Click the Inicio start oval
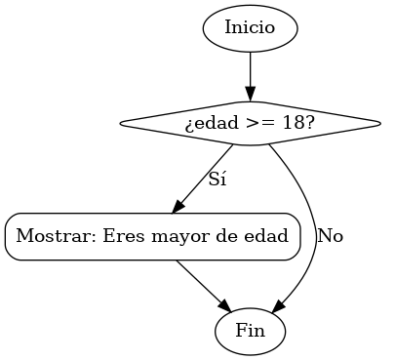point(250,27)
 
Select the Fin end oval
point(250,331)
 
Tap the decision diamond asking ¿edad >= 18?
point(250,124)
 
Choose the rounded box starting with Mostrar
point(152,236)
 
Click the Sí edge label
point(218,180)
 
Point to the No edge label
point(331,236)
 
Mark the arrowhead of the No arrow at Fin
point(279,306)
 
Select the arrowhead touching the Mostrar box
point(179,206)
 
